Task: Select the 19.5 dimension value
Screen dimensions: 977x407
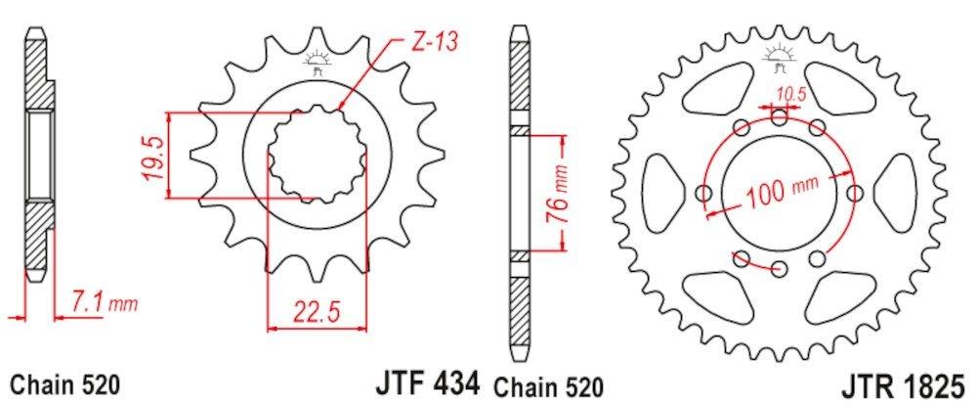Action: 155,157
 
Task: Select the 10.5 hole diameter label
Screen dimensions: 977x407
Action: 792,94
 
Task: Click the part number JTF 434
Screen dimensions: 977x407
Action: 428,381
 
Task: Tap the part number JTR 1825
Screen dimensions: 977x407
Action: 903,382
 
